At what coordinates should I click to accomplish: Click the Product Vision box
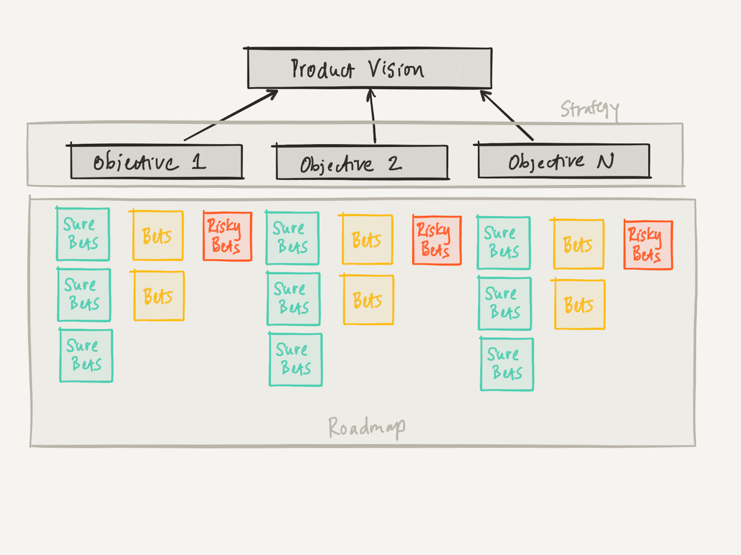tap(369, 68)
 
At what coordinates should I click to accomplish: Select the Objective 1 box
tap(156, 161)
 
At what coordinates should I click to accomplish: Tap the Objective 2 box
tap(362, 163)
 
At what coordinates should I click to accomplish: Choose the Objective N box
tap(564, 161)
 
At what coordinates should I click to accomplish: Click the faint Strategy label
tap(589, 109)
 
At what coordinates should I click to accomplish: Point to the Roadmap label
tap(366, 427)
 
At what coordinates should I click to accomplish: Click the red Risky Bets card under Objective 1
tap(227, 236)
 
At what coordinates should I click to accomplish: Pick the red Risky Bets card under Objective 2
tap(437, 240)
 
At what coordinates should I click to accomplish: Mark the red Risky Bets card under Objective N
tap(648, 245)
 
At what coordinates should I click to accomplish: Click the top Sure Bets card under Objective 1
tap(83, 234)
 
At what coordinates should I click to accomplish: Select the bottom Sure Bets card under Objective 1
tap(86, 356)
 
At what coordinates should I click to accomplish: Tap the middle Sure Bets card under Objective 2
tap(293, 299)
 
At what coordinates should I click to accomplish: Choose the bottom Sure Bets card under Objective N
tap(507, 364)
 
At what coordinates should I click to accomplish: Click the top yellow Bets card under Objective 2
tap(367, 240)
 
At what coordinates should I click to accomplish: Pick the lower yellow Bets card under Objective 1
tap(159, 296)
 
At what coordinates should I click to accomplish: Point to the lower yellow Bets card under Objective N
tap(579, 305)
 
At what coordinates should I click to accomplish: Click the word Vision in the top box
tap(396, 69)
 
